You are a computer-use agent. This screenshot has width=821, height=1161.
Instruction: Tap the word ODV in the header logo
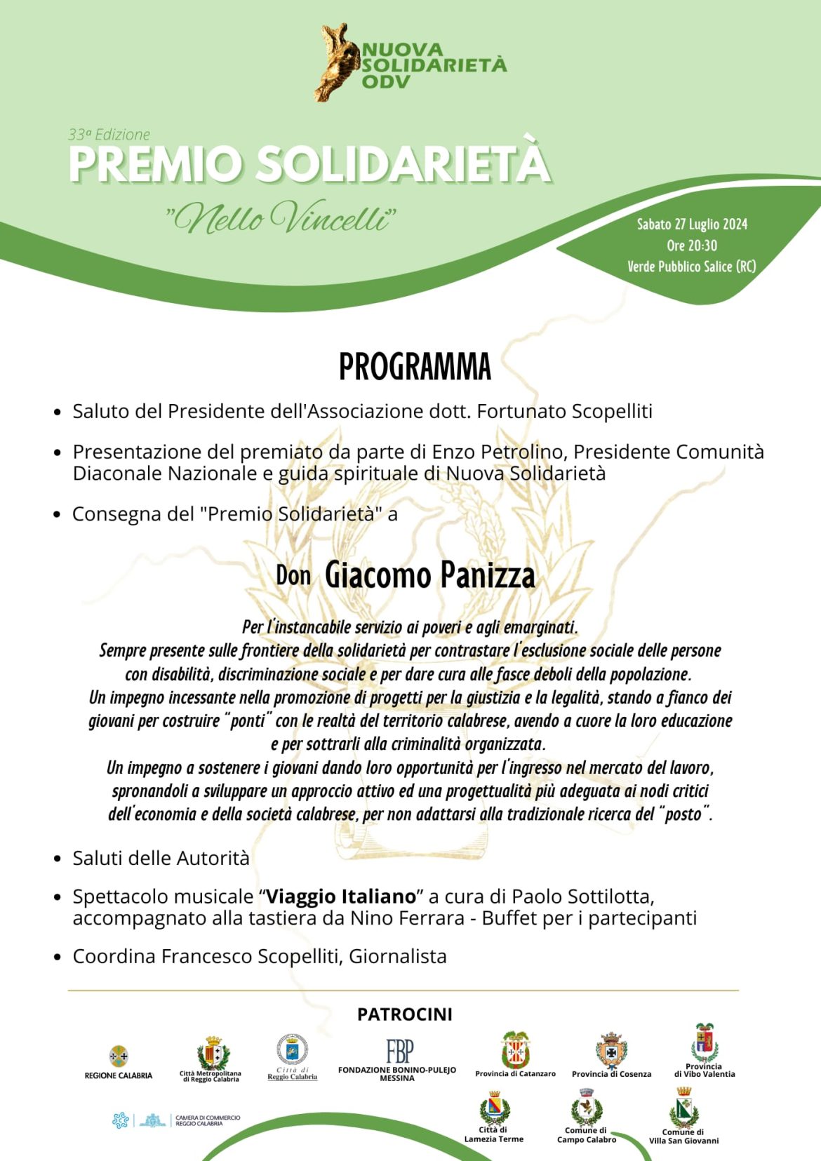pos(386,81)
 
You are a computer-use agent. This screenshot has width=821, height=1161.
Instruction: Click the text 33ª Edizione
pos(109,135)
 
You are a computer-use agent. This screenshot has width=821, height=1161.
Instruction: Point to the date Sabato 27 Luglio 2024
pos(692,224)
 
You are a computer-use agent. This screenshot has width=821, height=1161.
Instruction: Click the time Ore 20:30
pos(692,246)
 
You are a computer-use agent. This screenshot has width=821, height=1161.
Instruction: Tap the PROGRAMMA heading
pos(415,367)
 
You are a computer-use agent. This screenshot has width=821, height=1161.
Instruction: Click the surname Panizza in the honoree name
pos(487,576)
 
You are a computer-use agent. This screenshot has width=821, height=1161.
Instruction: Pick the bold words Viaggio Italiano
pos(341,897)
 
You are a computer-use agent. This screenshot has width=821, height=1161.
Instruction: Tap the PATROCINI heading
pos(405,1014)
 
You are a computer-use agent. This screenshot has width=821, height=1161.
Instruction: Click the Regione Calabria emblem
pos(119,1056)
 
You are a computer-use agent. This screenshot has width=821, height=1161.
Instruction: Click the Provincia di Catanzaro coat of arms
pos(515,1050)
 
